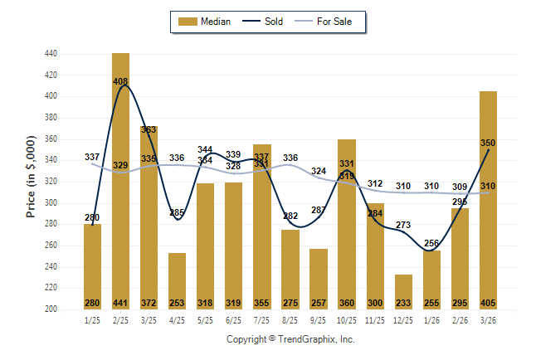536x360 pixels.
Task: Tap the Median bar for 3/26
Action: pos(488,199)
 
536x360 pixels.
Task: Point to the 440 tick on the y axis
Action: pos(51,54)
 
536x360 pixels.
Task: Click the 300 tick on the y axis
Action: pos(51,202)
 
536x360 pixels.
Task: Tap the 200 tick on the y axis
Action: pos(51,309)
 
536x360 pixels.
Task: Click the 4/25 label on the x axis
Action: pos(177,319)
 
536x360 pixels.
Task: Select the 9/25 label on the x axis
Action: pos(318,319)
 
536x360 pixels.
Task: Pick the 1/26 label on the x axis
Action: pos(431,319)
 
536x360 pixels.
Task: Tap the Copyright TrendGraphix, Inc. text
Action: pos(290,339)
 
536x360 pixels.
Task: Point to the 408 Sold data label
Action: pos(121,81)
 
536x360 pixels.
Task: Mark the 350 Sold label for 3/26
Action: pos(488,143)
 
